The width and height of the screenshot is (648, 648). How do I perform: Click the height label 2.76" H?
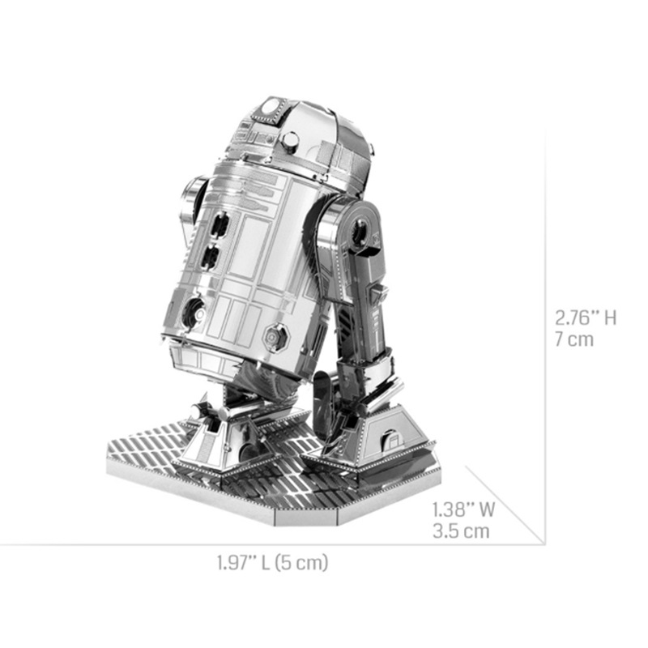click(586, 317)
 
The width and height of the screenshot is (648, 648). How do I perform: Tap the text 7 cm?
click(574, 339)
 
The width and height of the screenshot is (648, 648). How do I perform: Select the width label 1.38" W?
click(463, 510)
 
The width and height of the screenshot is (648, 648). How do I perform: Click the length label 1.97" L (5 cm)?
click(272, 562)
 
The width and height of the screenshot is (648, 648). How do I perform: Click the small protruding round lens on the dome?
click(289, 142)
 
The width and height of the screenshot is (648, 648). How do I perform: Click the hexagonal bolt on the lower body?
click(275, 335)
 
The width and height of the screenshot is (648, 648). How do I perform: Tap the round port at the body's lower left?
click(193, 311)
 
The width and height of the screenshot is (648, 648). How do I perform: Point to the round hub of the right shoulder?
click(359, 233)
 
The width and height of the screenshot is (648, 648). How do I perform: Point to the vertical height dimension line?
click(544, 324)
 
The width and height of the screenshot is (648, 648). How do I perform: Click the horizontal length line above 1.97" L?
click(272, 544)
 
